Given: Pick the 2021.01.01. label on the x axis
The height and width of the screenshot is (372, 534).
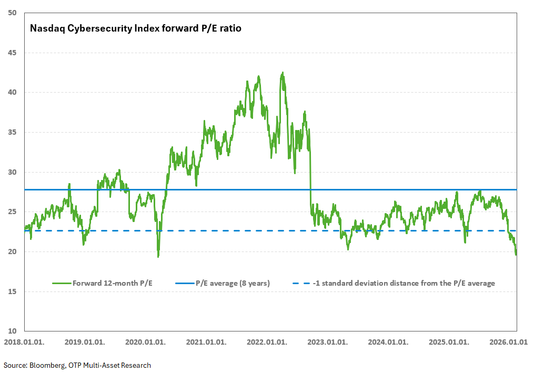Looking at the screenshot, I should [x=206, y=341].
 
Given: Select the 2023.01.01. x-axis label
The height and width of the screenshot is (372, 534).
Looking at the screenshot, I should [x=327, y=341].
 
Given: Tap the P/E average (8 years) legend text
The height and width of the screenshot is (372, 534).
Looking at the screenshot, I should [x=233, y=283].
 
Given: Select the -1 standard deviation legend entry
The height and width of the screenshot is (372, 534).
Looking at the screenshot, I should [x=404, y=283].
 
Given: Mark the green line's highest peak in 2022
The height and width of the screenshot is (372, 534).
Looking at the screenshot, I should [x=283, y=73].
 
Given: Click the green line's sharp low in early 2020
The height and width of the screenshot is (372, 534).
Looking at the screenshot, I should [x=158, y=256].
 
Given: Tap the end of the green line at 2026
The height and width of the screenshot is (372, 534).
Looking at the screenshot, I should [x=516, y=255].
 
